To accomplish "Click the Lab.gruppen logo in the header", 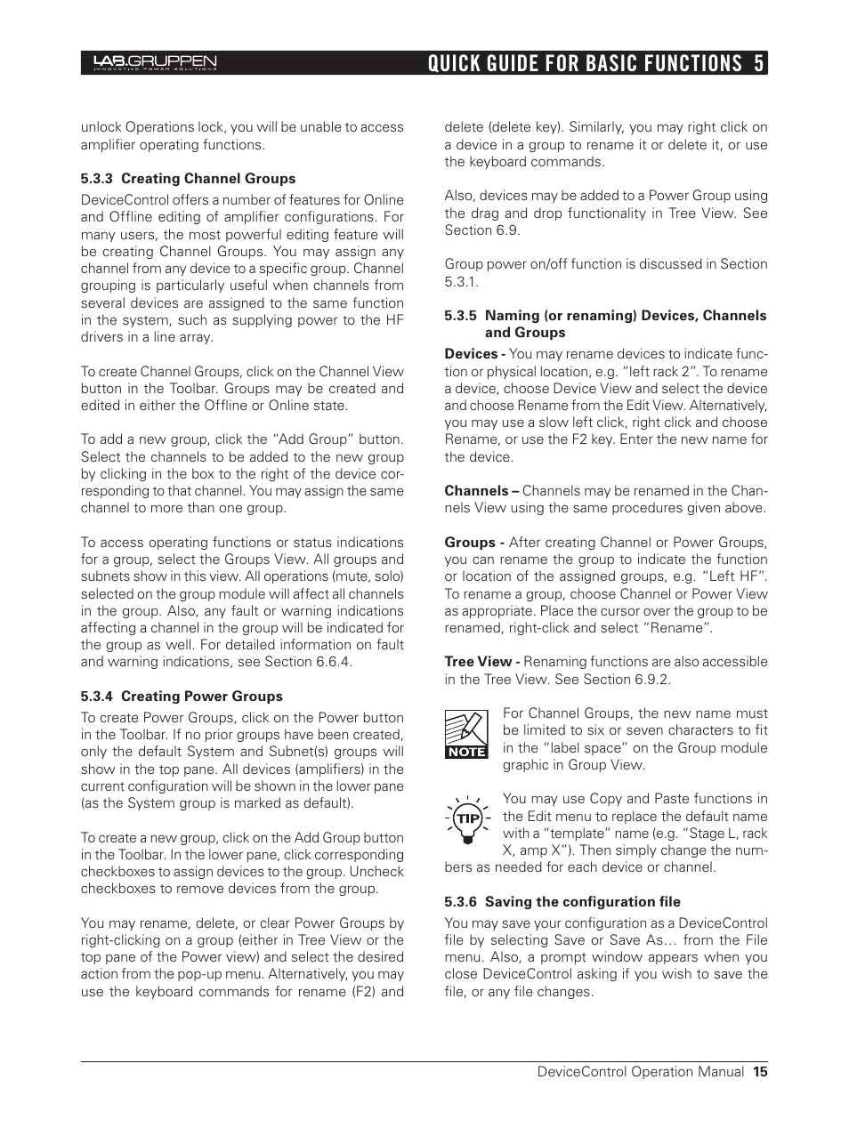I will coord(155,62).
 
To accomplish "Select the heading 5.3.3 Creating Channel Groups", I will coord(188,179).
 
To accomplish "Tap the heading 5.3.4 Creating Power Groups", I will coord(182,697).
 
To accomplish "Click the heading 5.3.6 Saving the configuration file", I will coord(562,902).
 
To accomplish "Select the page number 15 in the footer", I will coord(759,1072).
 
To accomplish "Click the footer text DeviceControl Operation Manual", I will coord(640,1072).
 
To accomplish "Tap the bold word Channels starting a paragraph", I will coord(476,491).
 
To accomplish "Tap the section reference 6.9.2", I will coord(652,680).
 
